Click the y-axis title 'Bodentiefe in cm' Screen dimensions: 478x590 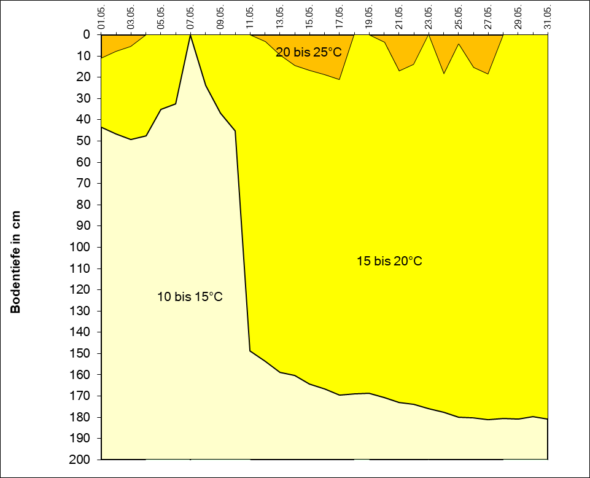tap(15, 262)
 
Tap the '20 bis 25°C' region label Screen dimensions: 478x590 tap(308, 52)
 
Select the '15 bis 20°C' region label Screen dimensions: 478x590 tap(389, 261)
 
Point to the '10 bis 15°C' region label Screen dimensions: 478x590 tap(190, 297)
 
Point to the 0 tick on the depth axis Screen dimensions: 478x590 tap(87, 35)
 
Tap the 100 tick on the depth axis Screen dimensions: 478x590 tap(82, 248)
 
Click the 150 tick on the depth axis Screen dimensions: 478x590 tap(82, 354)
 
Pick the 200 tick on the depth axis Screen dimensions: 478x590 tap(82, 460)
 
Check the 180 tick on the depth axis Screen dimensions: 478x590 tap(82, 417)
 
